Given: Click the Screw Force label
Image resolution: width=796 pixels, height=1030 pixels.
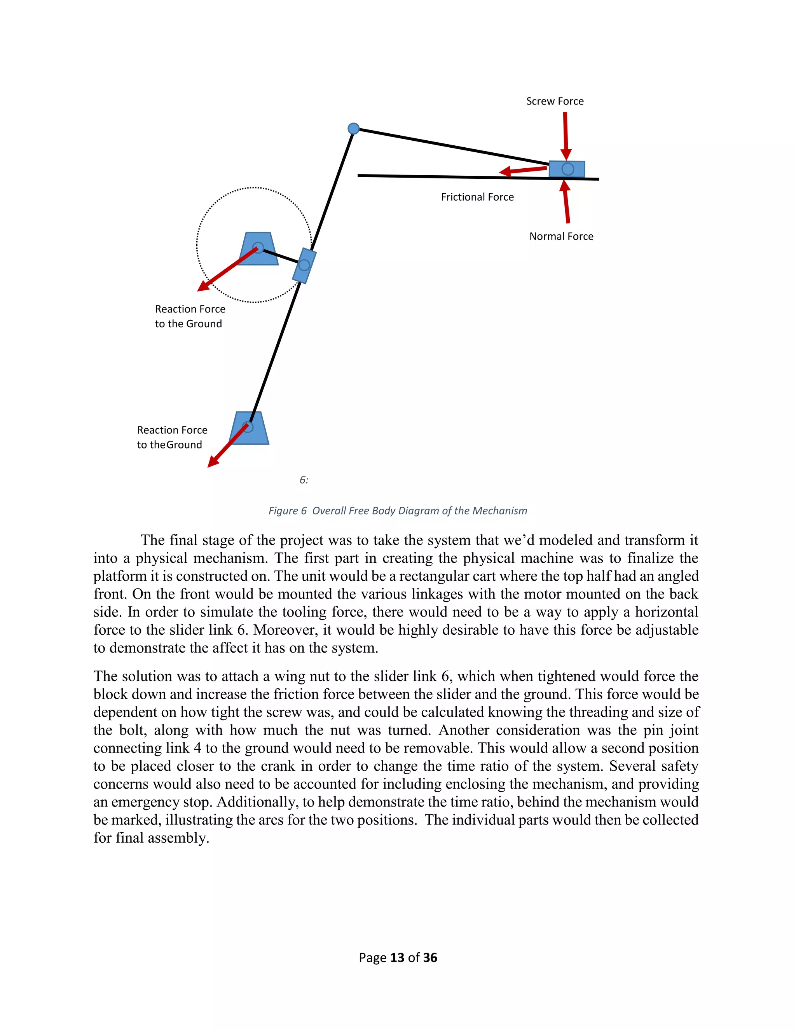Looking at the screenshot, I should [555, 101].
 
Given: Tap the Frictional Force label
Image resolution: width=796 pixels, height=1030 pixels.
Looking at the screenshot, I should [477, 197].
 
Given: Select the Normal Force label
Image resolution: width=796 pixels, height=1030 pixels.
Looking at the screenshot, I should [561, 236].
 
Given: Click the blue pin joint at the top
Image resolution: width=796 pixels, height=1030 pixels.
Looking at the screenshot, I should [353, 128].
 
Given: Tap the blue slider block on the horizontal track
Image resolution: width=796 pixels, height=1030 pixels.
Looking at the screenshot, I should [567, 169].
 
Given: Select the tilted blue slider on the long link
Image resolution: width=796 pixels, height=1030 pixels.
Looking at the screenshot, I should [304, 265].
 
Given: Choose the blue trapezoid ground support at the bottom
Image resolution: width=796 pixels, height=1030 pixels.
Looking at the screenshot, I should [249, 428].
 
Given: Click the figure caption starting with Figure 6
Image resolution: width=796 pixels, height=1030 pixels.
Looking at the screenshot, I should [398, 511].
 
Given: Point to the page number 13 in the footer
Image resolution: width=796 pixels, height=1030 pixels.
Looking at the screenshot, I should [398, 958].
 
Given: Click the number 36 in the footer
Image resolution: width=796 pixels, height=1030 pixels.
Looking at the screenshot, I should [430, 958].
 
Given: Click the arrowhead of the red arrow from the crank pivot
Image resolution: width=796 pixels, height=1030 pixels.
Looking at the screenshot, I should [203, 287].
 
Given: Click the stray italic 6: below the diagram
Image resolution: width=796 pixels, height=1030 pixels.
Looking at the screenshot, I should [304, 480].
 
